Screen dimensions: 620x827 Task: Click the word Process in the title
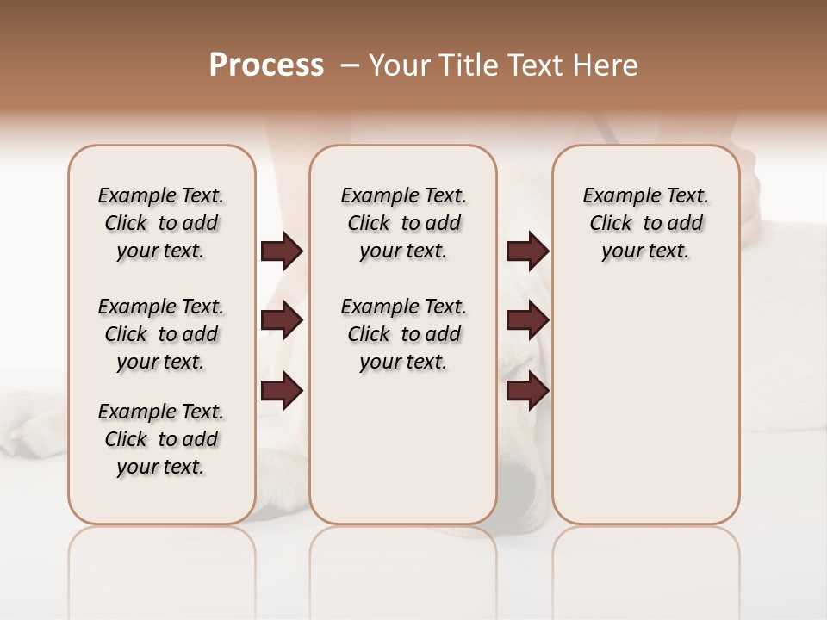[x=266, y=65]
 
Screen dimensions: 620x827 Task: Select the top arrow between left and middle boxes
[x=281, y=251]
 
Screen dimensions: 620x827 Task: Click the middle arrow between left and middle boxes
[x=281, y=320]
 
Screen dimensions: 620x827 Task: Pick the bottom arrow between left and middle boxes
[x=281, y=391]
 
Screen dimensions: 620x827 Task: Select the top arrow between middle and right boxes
[x=527, y=251]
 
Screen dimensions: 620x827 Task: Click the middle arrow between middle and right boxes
[x=527, y=320]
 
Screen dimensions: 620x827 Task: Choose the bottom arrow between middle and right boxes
[x=527, y=391]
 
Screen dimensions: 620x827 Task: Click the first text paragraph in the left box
[x=161, y=223]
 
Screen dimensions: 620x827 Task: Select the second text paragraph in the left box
[x=161, y=334]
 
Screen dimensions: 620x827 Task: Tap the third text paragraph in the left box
[x=161, y=439]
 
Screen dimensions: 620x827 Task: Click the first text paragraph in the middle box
[x=403, y=223]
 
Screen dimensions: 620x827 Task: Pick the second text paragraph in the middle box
[x=403, y=334]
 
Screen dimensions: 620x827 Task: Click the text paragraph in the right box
[x=645, y=223]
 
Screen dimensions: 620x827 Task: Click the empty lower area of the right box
[x=645, y=413]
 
